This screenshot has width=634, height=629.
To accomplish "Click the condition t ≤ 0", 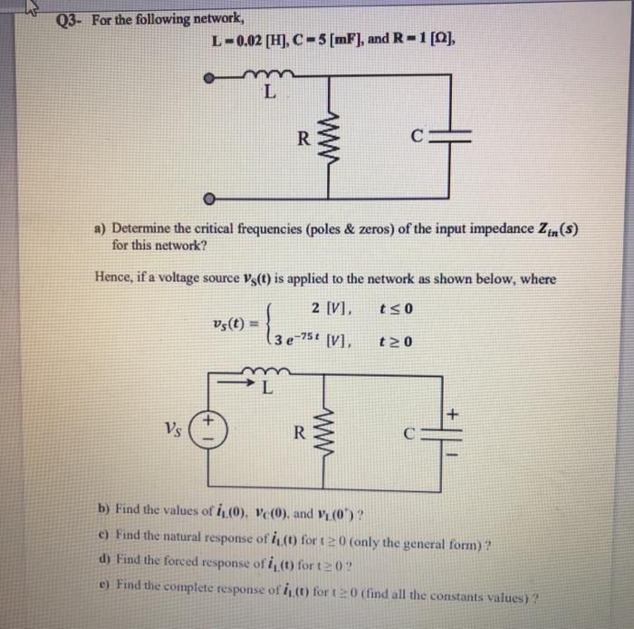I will (399, 308).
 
